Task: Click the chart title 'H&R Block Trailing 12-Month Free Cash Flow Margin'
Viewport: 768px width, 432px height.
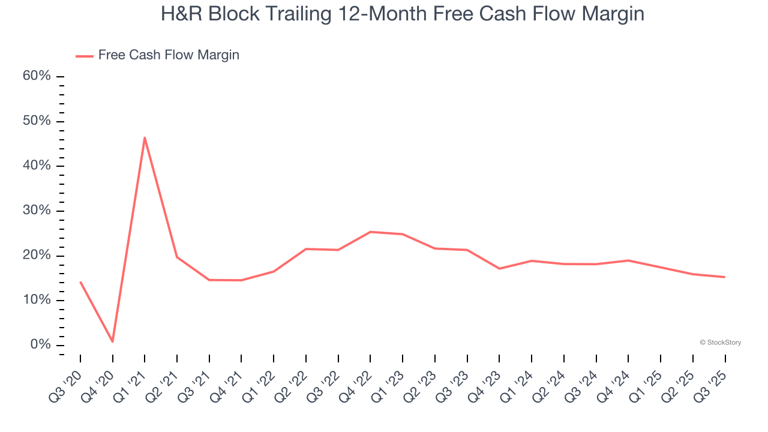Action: (x=402, y=14)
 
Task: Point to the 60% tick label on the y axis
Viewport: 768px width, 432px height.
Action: (x=37, y=76)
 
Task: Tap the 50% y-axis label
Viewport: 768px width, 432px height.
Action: (x=37, y=121)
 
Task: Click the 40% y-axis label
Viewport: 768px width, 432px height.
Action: (x=37, y=166)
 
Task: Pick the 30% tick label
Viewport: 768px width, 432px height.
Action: (x=37, y=211)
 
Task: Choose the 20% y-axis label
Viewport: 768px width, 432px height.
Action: (x=37, y=256)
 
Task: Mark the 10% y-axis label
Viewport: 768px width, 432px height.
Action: (x=37, y=301)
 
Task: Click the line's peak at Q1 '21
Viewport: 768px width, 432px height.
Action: (x=145, y=137)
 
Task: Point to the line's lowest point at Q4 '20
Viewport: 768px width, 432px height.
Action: (x=113, y=341)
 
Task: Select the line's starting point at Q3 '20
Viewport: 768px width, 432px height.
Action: (x=80, y=282)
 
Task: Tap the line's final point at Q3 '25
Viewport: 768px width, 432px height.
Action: (x=725, y=277)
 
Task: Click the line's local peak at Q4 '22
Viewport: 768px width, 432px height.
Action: (x=370, y=232)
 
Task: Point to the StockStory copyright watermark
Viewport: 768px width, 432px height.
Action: (x=720, y=343)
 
